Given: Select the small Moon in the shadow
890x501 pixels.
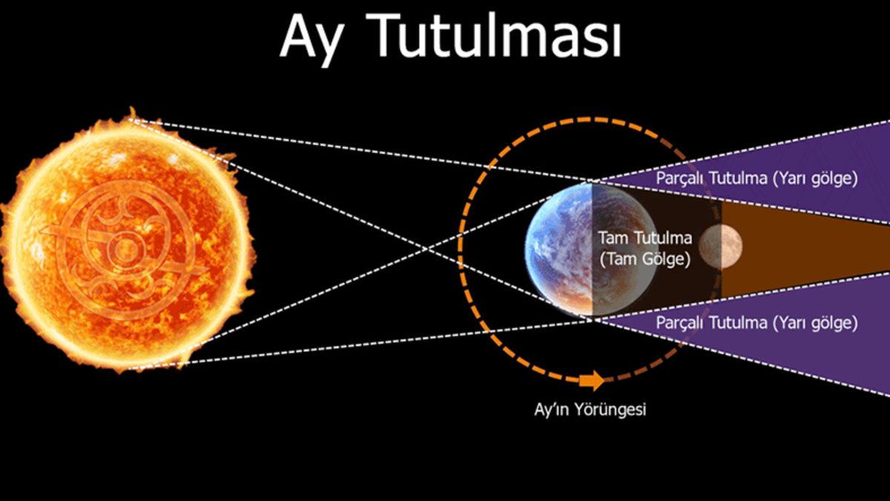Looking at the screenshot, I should [x=719, y=247].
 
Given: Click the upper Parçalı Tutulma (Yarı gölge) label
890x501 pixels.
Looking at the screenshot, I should [x=756, y=179].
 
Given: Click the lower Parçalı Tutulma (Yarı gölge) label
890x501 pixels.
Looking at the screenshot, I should [x=756, y=324].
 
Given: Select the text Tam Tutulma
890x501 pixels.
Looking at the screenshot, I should [x=645, y=238].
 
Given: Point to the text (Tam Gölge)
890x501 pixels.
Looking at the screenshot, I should [x=645, y=260].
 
